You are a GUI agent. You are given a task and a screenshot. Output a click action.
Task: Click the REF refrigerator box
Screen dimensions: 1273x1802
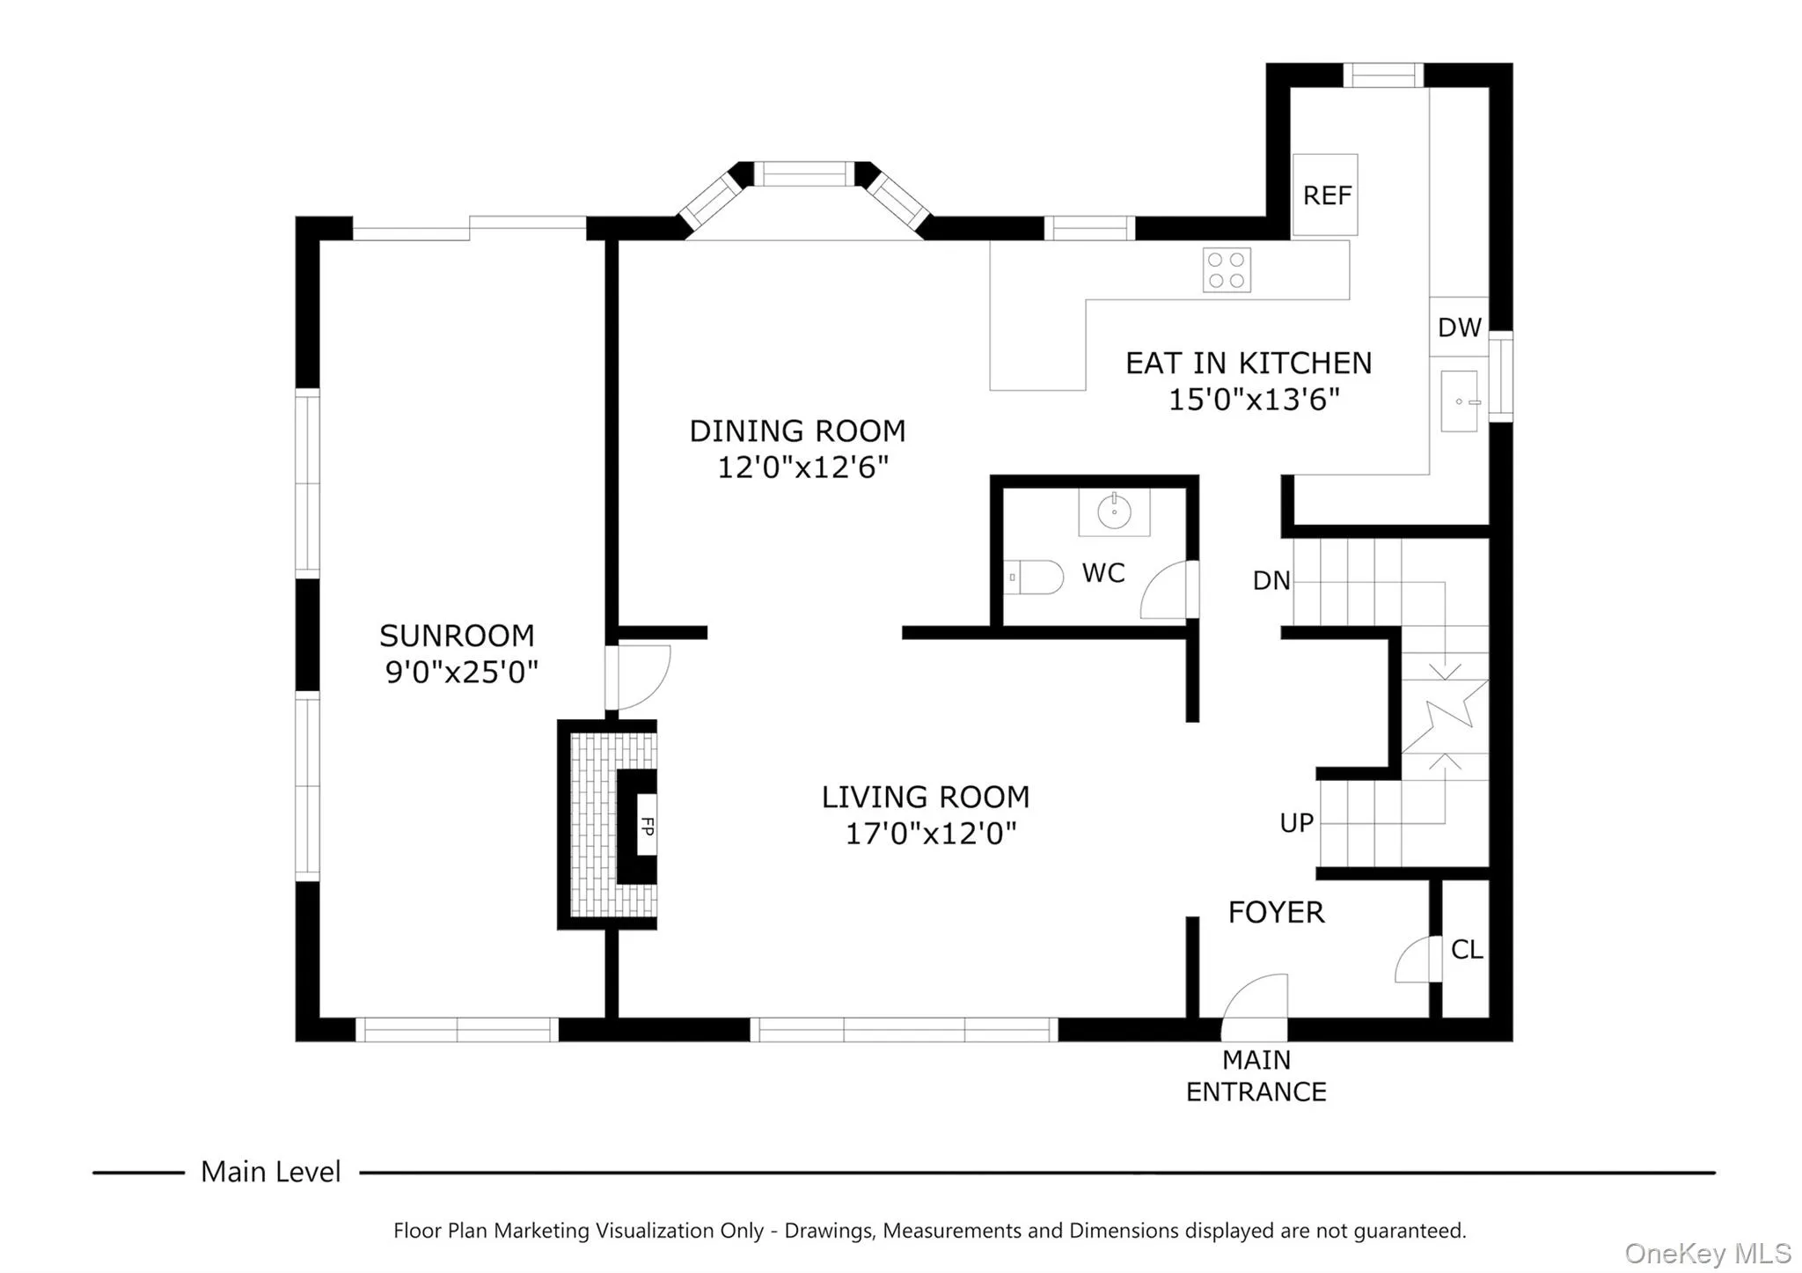pos(1324,195)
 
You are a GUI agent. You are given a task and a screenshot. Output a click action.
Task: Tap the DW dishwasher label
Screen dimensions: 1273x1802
pos(1459,327)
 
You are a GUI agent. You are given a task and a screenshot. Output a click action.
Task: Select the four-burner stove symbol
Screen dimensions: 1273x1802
pos(1227,270)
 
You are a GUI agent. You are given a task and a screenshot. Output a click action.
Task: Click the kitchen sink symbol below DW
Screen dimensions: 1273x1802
pos(1460,401)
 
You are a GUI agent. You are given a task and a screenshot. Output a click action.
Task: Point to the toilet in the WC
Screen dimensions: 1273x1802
pos(1035,578)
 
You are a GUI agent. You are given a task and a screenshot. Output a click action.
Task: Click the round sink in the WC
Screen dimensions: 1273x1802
pos(1114,511)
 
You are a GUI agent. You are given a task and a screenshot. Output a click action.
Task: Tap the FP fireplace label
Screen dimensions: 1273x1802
pos(648,827)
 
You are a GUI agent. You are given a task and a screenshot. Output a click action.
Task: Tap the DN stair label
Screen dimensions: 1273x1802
pos(1271,581)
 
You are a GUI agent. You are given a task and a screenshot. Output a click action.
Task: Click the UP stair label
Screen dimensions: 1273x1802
pos(1296,823)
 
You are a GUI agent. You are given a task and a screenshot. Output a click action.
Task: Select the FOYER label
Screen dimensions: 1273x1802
pos(1276,913)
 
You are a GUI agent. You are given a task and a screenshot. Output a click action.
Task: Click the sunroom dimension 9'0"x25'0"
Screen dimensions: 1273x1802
pos(462,673)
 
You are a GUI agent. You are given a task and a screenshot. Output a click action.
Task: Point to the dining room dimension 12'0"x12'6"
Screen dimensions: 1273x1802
pos(802,467)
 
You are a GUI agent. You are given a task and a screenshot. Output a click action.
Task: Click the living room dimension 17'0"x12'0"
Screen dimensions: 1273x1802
pos(931,833)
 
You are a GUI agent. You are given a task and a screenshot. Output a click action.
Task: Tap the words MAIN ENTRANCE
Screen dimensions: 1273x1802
pos(1256,1076)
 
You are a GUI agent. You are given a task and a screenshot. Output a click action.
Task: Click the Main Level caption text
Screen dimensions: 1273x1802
pos(270,1172)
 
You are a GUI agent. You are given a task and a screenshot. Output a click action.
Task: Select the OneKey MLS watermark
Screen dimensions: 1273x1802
pos(1707,1253)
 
